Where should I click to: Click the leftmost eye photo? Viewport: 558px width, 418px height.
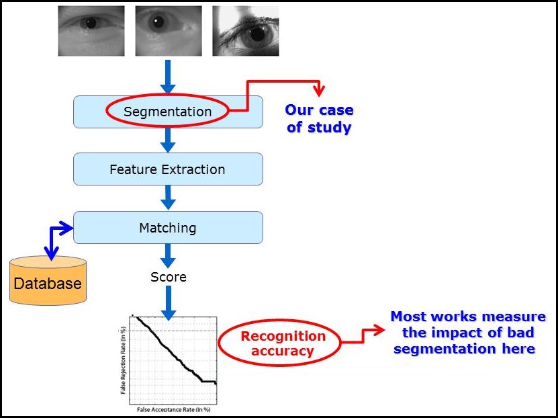point(91,31)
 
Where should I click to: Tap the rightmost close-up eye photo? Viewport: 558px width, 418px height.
point(246,31)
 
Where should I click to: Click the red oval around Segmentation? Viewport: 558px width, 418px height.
point(167,112)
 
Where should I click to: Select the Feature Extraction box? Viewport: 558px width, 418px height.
point(167,169)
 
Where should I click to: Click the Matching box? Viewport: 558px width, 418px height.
point(167,228)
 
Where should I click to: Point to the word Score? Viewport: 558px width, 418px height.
point(168,277)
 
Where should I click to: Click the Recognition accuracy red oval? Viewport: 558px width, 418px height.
point(283,343)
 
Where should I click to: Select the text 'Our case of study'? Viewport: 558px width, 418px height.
point(319,118)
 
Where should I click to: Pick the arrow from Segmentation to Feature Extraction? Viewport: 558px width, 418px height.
point(168,139)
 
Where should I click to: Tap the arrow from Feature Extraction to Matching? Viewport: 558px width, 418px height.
point(168,197)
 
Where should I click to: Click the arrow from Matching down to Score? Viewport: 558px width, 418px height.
point(168,255)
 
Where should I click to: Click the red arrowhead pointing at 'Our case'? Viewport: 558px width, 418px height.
point(319,91)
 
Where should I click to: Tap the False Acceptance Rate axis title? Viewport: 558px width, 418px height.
point(174,409)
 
